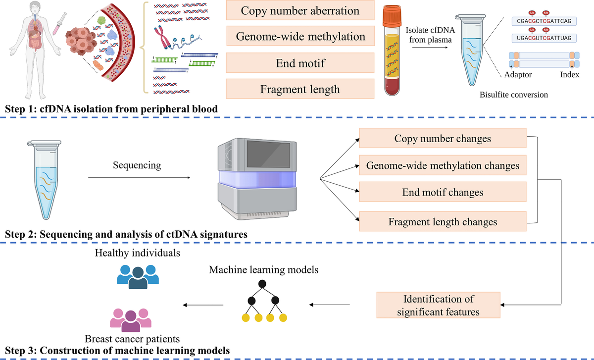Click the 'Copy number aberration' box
tap(300, 11)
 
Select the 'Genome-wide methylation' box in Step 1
tap(300, 37)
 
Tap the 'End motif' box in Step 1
tap(300, 63)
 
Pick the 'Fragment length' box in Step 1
tap(300, 89)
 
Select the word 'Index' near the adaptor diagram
tap(569, 74)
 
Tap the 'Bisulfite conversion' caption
tap(514, 95)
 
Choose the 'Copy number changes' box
tap(443, 139)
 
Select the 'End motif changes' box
tap(443, 192)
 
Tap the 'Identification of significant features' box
tap(439, 306)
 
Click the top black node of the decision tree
tap(263, 284)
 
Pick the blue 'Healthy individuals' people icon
tap(138, 276)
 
